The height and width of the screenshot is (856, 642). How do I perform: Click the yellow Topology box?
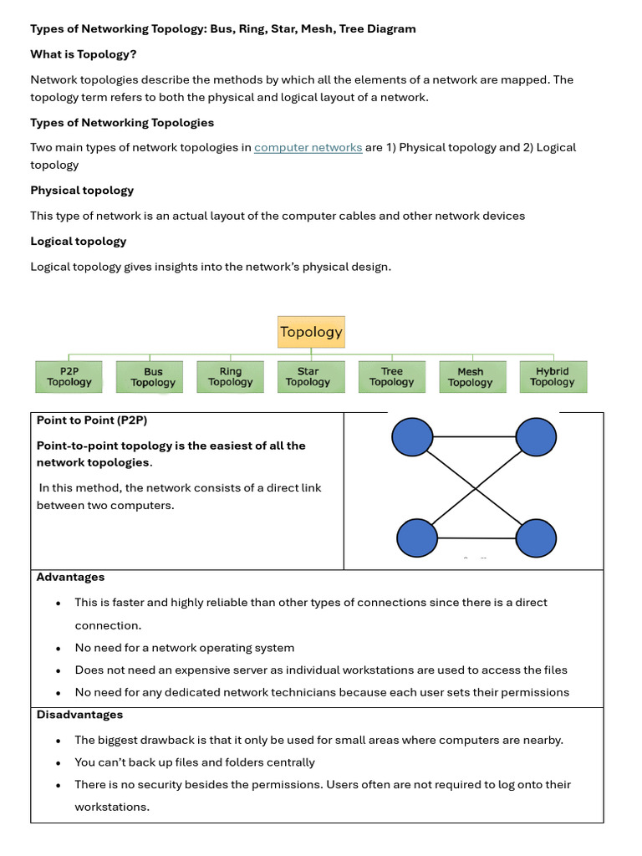[311, 332]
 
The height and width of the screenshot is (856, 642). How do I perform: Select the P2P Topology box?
[69, 377]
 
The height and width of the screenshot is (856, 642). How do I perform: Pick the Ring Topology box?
[230, 377]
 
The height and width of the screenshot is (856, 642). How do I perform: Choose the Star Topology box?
[308, 377]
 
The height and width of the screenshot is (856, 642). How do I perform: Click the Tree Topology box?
[391, 377]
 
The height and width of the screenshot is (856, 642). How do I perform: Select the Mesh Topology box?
[470, 377]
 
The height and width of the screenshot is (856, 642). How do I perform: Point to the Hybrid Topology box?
[552, 377]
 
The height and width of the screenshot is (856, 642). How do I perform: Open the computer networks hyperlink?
[308, 148]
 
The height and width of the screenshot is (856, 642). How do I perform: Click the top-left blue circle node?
[413, 436]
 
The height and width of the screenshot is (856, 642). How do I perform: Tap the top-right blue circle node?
[536, 436]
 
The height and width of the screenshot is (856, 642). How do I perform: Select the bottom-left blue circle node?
[417, 538]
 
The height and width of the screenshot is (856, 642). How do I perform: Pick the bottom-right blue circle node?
[536, 538]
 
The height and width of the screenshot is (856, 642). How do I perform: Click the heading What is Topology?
[84, 54]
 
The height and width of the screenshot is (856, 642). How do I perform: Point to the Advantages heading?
[71, 578]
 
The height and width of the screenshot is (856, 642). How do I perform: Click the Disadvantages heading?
[79, 715]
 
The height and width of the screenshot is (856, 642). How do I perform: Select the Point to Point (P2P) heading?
[92, 420]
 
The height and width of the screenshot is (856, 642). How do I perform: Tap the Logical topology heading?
[79, 242]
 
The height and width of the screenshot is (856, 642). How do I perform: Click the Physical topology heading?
[82, 191]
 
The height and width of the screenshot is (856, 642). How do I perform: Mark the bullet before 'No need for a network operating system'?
[58, 649]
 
